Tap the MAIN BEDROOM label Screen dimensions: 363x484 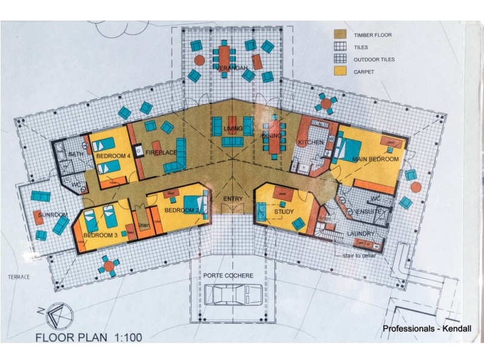click(376, 159)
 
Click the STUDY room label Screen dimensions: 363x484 click(283, 212)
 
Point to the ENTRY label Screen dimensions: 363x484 click(233, 198)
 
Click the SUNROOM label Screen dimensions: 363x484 click(51, 215)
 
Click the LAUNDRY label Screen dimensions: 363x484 click(361, 233)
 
